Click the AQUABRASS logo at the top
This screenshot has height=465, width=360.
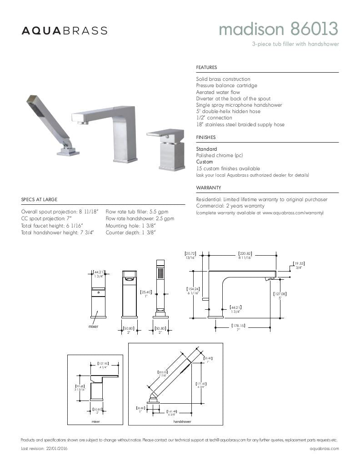click(x=65, y=31)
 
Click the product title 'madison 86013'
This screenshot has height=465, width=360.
click(x=278, y=30)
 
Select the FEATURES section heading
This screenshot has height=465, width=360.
click(x=206, y=68)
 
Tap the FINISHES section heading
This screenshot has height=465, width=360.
click(x=206, y=137)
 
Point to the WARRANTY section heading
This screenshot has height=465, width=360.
click(x=209, y=188)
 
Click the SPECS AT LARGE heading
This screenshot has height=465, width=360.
click(x=39, y=199)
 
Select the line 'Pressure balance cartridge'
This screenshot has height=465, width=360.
click(x=226, y=85)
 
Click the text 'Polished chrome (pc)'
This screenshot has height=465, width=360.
click(x=220, y=155)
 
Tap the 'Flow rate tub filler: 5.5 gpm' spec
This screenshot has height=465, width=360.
click(x=137, y=212)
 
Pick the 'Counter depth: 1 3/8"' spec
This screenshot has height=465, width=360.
click(x=131, y=232)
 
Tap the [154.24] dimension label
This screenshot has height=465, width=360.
click(x=193, y=289)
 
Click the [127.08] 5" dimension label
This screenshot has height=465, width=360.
click(x=280, y=294)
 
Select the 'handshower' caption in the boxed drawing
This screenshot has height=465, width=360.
click(x=182, y=421)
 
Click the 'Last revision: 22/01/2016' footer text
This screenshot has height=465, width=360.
click(x=44, y=448)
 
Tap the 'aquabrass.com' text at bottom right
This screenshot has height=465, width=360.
click(x=324, y=448)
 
